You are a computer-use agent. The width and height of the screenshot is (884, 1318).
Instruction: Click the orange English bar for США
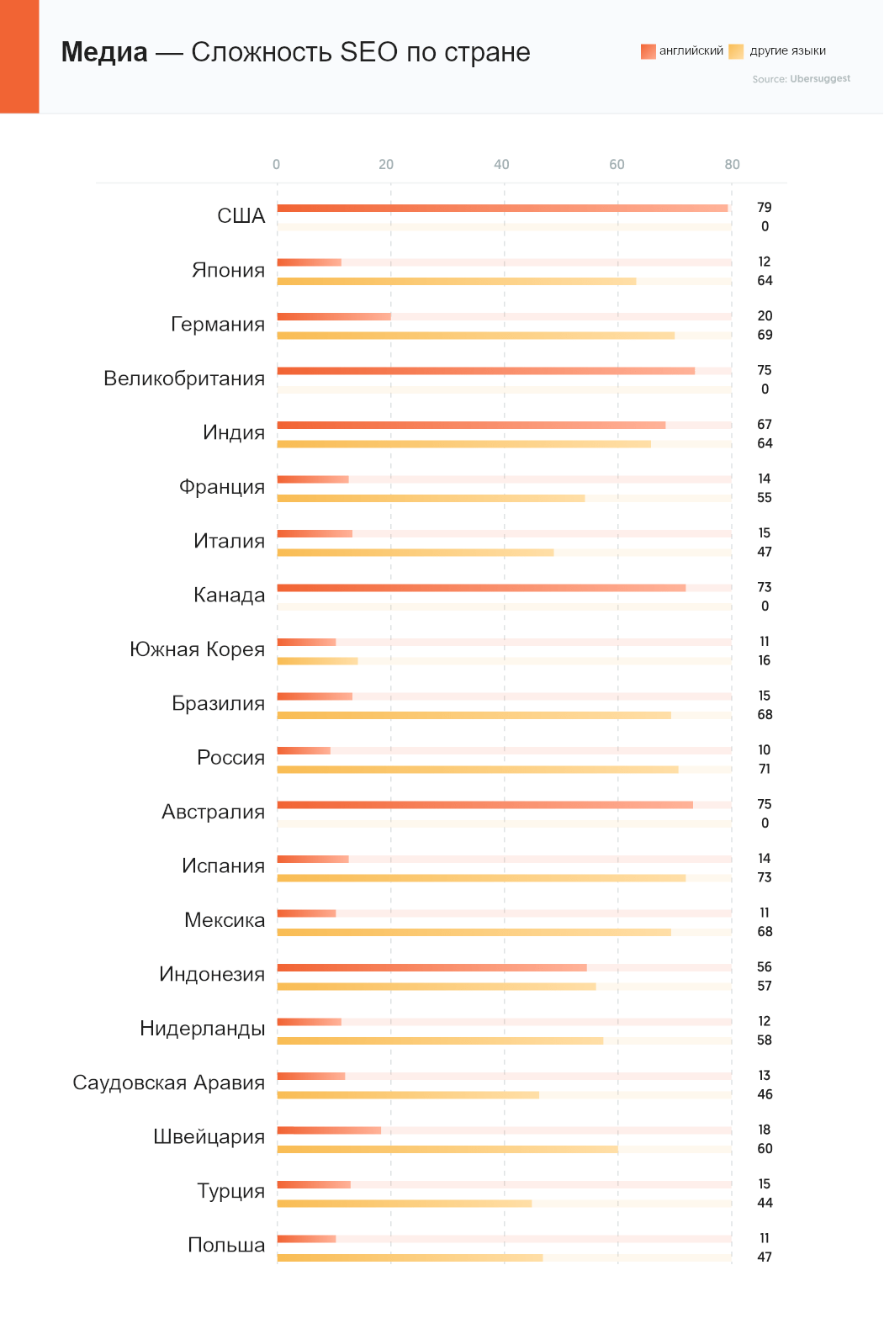coord(502,208)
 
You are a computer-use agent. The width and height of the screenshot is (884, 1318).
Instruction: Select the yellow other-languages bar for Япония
coord(456,281)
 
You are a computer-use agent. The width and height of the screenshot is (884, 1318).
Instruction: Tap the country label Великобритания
coord(184,378)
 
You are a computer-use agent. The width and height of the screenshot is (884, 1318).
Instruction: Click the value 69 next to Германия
coord(765,335)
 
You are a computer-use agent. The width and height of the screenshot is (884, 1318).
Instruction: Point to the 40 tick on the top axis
coord(501,164)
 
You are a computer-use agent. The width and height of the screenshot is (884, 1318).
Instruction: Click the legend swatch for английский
coord(648,51)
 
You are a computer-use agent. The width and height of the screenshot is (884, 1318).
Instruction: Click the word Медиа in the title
coord(104,52)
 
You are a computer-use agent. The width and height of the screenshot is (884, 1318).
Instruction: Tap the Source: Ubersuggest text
coord(801,78)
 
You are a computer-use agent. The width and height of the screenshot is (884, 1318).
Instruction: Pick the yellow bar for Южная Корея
coord(317,661)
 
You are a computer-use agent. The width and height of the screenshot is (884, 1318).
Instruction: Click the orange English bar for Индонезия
coord(431,967)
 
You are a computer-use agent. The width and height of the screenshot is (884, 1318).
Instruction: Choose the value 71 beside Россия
coord(765,769)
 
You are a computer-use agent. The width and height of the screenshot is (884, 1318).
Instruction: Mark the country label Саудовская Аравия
coord(169,1082)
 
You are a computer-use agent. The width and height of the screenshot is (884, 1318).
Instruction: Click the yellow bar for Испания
coord(481,878)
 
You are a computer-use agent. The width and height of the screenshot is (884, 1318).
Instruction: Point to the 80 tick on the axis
coord(733,164)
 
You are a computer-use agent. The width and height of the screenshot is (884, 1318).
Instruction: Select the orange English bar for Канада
coord(481,588)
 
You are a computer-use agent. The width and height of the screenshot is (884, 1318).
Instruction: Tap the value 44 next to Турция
coord(765,1203)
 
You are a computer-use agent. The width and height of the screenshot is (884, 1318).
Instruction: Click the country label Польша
coord(226,1245)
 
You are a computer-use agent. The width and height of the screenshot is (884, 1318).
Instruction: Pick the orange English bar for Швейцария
coord(329,1130)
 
